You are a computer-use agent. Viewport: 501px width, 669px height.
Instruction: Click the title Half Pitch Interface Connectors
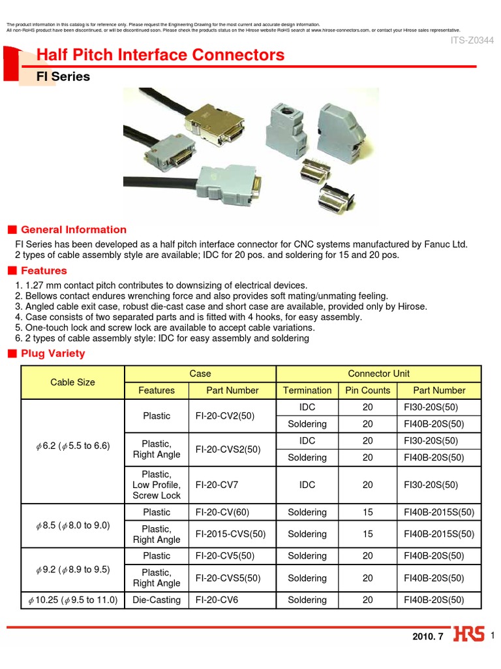tap(160, 56)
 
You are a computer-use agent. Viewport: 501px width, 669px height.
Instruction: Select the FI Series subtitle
tap(63, 77)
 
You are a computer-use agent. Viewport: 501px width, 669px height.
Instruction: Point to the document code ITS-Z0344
tap(472, 41)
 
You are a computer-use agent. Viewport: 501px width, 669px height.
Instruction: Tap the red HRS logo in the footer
tap(468, 636)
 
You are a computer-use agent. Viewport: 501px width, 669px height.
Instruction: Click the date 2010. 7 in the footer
tap(427, 637)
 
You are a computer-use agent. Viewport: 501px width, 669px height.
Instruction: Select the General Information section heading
tap(74, 230)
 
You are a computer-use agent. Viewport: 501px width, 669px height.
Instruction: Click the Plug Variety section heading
tap(53, 353)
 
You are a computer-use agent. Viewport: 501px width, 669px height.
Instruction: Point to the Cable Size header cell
tap(72, 382)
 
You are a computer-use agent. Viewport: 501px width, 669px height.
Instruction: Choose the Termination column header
tap(307, 391)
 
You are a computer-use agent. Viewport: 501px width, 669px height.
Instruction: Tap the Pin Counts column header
tap(367, 391)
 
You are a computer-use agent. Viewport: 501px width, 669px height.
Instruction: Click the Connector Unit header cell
tap(378, 374)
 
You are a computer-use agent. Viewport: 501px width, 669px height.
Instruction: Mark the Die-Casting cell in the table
tap(157, 600)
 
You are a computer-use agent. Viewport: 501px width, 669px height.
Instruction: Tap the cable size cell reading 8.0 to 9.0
tap(72, 525)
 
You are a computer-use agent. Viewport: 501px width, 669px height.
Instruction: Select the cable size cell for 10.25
tap(72, 600)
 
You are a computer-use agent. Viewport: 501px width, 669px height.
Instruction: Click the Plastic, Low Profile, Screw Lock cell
tap(157, 485)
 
